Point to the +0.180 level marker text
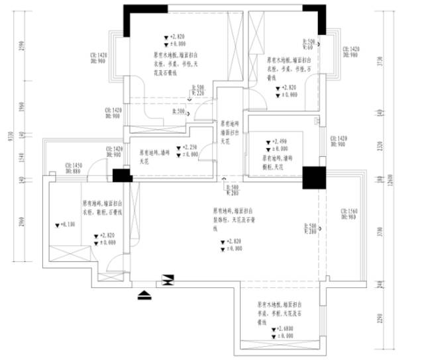[x=67, y=225]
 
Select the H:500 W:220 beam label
[x=199, y=90]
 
